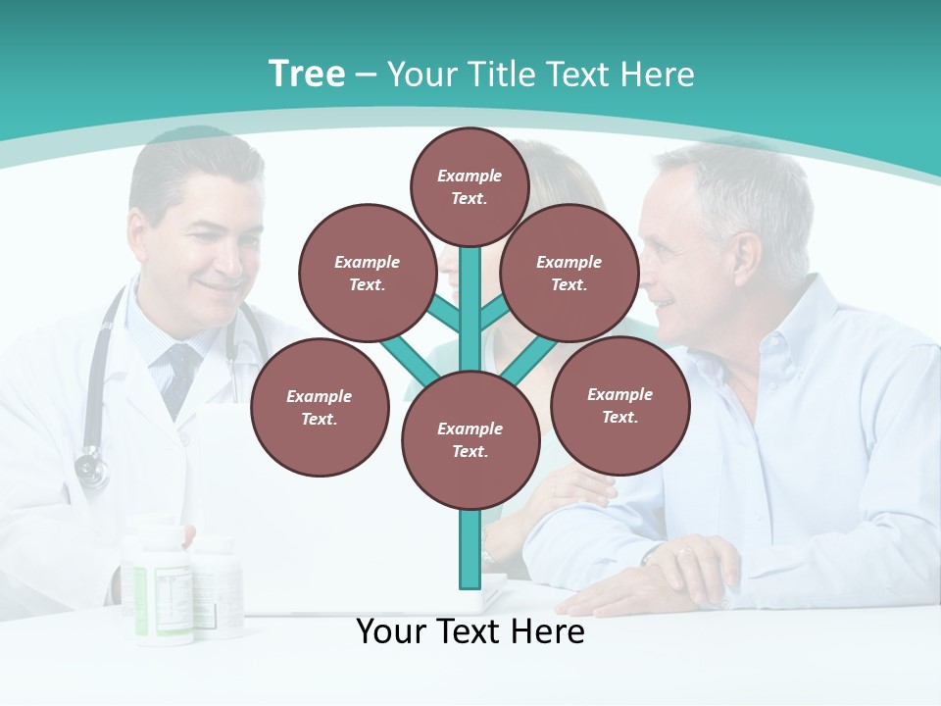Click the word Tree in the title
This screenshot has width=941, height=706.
pos(307,75)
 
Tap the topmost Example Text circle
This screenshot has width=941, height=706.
pos(470,186)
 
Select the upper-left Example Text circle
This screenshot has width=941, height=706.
pos(368,273)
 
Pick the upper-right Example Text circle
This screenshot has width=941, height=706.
pos(570,273)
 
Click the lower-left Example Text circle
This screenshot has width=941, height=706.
pos(320,407)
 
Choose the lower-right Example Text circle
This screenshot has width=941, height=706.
pos(619,405)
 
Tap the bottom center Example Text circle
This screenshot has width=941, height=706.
pos(470,439)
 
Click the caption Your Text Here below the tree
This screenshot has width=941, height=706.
pos(470,631)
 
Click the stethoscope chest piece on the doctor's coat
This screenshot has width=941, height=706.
pos(91,468)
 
